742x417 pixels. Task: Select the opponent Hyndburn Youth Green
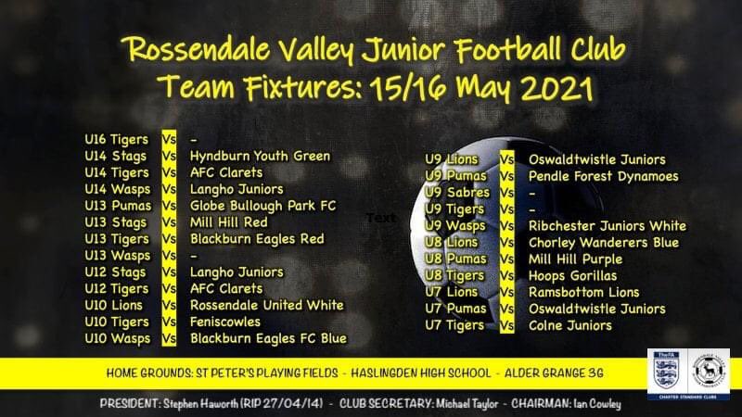pyautogui.click(x=259, y=156)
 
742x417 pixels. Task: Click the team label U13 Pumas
pyautogui.click(x=116, y=206)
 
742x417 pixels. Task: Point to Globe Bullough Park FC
pyautogui.click(x=262, y=206)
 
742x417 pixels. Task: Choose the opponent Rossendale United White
pyautogui.click(x=266, y=305)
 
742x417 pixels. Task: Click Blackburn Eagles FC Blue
pyautogui.click(x=267, y=338)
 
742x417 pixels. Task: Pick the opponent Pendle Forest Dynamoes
pyautogui.click(x=603, y=176)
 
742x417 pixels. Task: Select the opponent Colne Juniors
pyautogui.click(x=569, y=325)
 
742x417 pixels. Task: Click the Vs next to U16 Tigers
pyautogui.click(x=169, y=139)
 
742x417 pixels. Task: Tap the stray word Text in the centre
pyautogui.click(x=380, y=218)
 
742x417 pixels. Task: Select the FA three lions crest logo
pyautogui.click(x=664, y=375)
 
